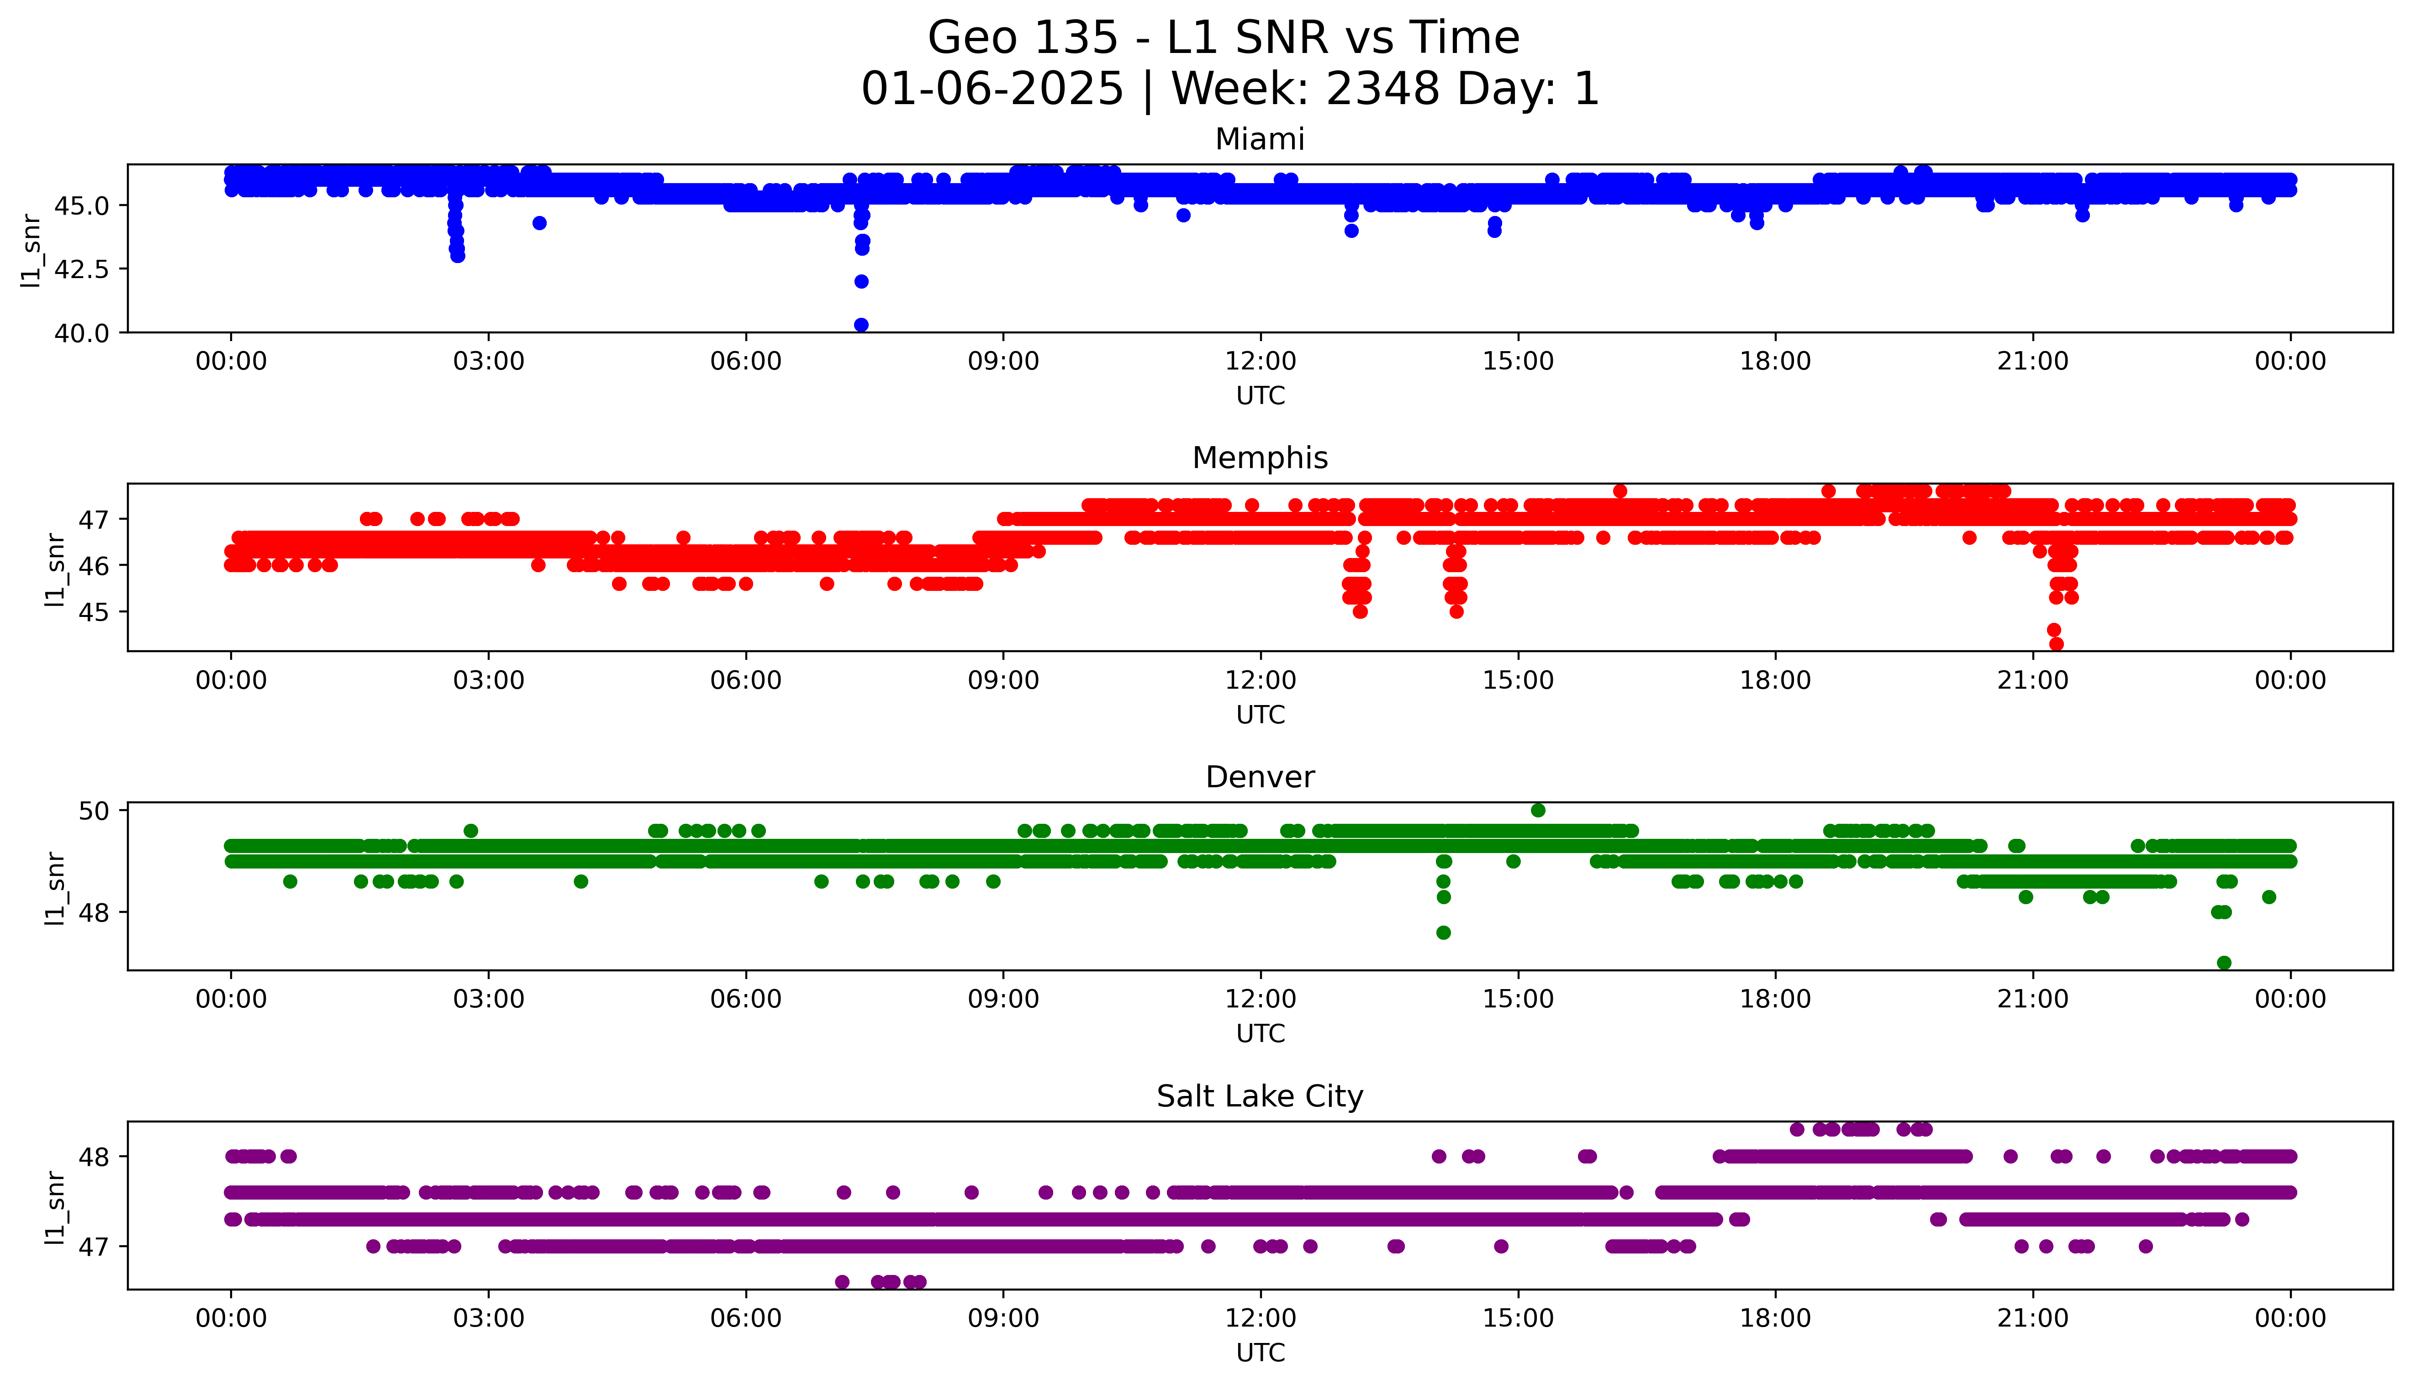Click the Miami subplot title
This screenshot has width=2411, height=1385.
coord(1259,140)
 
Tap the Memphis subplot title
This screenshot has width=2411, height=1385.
coord(1259,458)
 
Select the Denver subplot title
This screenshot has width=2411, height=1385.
coord(1259,777)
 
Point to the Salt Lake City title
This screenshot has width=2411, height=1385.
coord(1259,1097)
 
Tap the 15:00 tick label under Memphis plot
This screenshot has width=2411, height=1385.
coord(1518,680)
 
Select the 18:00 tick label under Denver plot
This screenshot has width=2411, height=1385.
coord(1775,999)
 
